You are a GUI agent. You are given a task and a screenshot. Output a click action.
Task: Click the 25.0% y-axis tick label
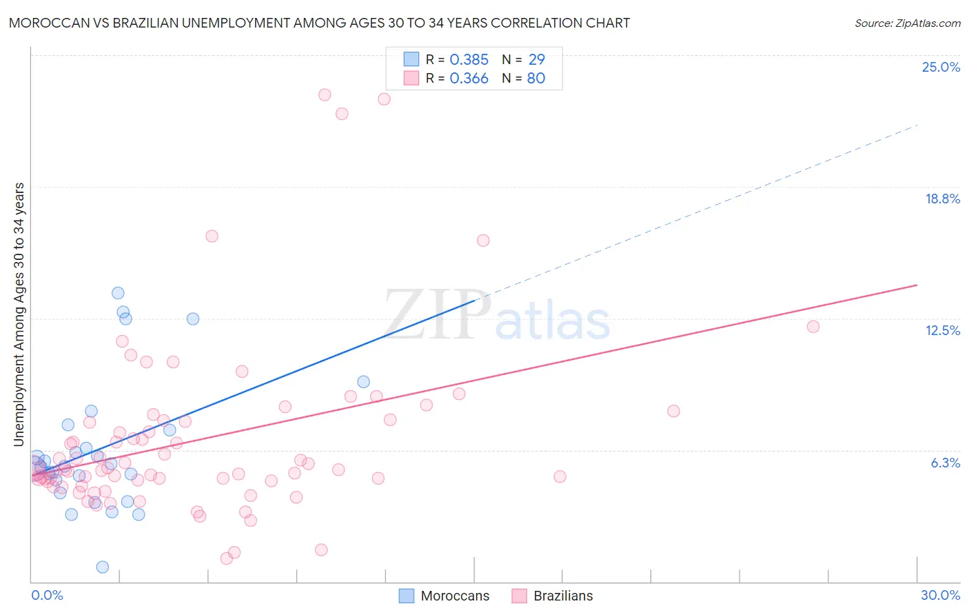941,67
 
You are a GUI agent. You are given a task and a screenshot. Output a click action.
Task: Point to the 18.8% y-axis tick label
942,199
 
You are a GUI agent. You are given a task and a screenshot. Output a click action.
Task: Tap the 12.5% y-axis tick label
942,330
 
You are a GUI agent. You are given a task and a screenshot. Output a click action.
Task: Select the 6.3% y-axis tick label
945,463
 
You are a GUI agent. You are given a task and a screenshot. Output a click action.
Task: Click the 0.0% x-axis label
47,595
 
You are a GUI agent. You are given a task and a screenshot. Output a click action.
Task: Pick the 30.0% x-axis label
940,595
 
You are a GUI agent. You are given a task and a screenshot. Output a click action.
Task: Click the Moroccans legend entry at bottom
445,596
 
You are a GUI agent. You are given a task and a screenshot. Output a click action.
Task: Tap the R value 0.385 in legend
469,60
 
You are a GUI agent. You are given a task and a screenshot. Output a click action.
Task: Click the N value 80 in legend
535,79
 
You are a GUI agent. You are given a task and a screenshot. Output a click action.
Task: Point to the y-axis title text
19,314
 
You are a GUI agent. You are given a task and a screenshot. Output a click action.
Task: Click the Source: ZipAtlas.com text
907,23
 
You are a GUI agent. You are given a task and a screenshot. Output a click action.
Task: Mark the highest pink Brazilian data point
325,95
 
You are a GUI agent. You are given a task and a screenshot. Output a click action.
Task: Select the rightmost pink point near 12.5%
813,327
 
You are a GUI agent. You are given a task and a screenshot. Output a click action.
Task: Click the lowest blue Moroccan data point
103,567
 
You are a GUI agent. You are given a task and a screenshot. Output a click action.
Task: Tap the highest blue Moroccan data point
118,293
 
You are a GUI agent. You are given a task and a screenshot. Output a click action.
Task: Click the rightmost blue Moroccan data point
363,382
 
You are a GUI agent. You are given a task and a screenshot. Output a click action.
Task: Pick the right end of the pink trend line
917,285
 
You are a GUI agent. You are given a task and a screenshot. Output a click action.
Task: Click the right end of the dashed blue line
917,125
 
